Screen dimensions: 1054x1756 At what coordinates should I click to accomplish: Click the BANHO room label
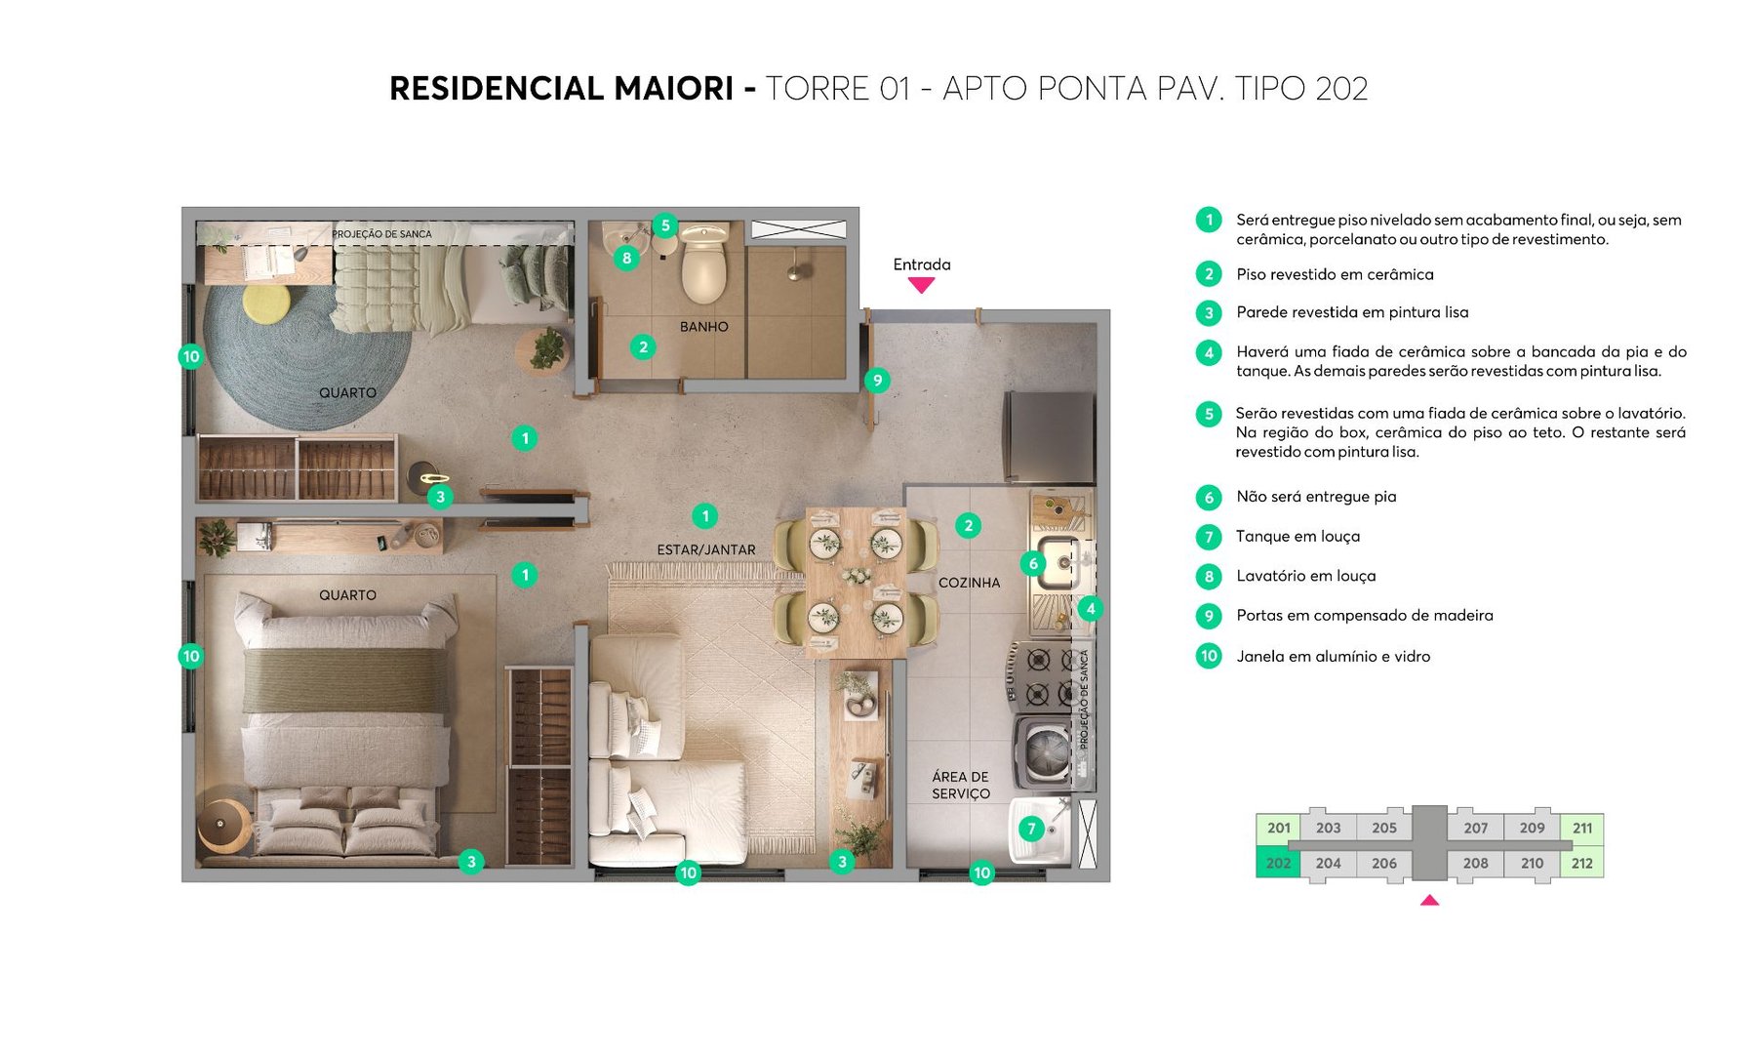point(703,327)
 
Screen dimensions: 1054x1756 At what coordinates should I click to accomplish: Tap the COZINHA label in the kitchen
point(969,583)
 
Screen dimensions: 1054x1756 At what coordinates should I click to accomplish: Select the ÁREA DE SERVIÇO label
point(960,785)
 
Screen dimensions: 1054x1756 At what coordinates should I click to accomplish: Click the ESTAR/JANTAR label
point(705,550)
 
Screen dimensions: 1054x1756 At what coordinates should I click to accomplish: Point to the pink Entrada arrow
point(921,285)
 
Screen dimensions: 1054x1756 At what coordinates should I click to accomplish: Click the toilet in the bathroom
point(703,263)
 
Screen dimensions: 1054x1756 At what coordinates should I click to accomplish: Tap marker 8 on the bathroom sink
point(626,259)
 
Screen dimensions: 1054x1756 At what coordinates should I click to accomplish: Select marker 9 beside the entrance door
point(877,381)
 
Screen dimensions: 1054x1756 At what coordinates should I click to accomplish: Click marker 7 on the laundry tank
point(1031,829)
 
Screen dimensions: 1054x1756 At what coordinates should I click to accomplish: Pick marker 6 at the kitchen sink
point(1033,563)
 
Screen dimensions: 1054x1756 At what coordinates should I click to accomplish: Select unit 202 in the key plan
point(1278,863)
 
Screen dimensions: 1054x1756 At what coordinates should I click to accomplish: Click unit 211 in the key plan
point(1581,828)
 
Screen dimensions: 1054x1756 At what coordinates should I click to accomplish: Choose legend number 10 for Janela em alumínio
point(1209,656)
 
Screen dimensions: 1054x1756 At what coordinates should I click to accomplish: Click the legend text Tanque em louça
point(1297,536)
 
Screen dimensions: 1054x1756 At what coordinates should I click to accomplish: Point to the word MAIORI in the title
point(673,89)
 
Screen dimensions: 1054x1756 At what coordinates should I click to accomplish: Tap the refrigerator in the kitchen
point(1050,437)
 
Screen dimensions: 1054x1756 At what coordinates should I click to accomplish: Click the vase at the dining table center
point(857,577)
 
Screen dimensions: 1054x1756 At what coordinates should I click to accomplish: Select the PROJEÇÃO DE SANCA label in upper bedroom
point(381,234)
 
